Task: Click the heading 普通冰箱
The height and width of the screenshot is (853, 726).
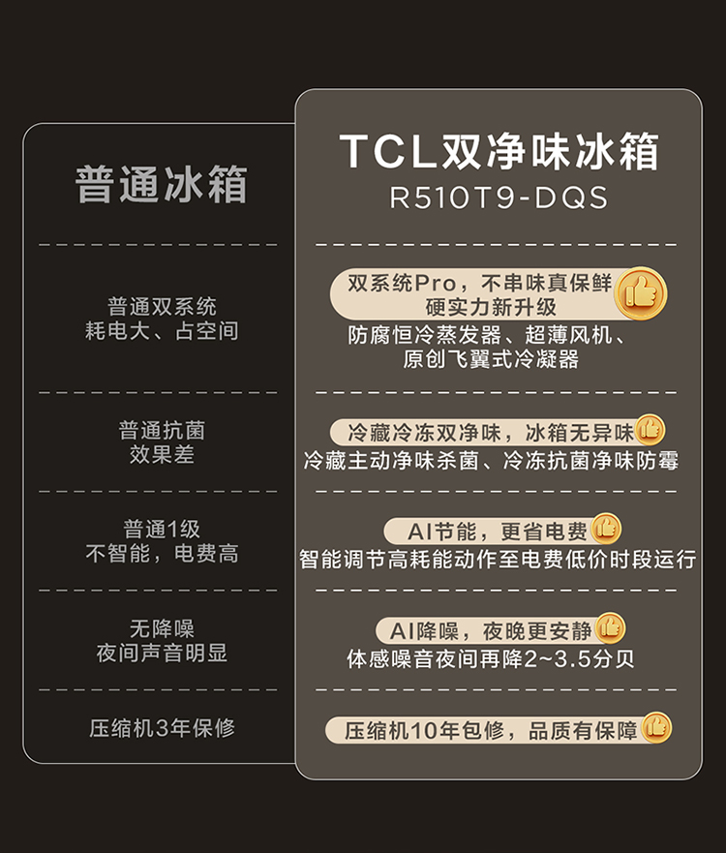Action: (x=162, y=185)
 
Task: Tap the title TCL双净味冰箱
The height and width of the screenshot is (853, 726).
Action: (x=499, y=152)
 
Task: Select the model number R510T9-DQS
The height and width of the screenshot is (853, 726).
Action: (x=499, y=198)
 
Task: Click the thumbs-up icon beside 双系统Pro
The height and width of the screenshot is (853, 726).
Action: (x=641, y=291)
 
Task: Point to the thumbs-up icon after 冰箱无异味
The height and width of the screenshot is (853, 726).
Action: (x=650, y=429)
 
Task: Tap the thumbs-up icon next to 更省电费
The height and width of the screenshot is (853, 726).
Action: (x=606, y=529)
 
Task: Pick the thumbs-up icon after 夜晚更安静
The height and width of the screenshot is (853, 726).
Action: (x=610, y=627)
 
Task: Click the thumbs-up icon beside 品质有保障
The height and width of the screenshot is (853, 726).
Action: (x=656, y=727)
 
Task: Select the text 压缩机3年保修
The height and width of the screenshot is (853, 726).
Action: (x=162, y=728)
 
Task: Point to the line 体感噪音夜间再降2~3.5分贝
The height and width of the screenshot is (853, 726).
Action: (x=491, y=659)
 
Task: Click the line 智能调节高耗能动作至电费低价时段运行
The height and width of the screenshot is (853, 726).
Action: (x=498, y=560)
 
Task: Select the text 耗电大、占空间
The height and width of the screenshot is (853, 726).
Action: (x=162, y=331)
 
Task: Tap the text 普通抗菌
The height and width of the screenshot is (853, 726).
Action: (x=162, y=430)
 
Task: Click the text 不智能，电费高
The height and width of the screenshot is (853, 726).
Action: (x=162, y=554)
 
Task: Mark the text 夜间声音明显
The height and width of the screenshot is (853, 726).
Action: (x=162, y=653)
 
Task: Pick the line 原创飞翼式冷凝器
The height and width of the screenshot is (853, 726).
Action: (x=491, y=359)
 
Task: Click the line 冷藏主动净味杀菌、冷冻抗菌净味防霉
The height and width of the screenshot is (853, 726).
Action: (x=491, y=461)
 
